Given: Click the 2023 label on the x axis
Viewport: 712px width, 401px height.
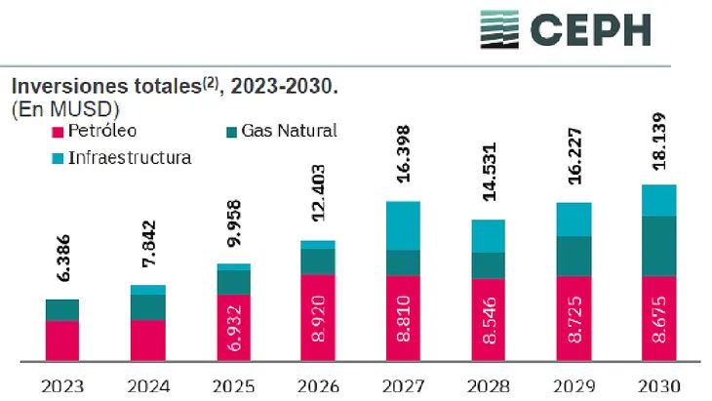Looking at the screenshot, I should pyautogui.click(x=62, y=385).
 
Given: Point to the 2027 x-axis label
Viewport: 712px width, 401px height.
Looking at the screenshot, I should pyautogui.click(x=403, y=385).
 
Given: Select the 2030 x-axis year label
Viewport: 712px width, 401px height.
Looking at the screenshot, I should pyautogui.click(x=658, y=385).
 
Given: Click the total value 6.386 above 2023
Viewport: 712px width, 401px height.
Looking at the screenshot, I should pyautogui.click(x=62, y=265).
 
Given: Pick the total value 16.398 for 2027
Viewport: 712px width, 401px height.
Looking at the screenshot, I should pyautogui.click(x=404, y=167).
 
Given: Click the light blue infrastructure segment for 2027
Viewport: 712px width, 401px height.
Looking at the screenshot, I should pyautogui.click(x=404, y=225).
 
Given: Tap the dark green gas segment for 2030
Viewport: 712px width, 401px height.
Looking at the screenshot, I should pyautogui.click(x=659, y=246).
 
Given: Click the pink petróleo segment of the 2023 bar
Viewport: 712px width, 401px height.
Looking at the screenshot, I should pyautogui.click(x=62, y=341).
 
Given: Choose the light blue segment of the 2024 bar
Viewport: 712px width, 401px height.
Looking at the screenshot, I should pyautogui.click(x=148, y=290).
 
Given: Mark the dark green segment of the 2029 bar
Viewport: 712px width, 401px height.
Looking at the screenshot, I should pyautogui.click(x=574, y=256).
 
